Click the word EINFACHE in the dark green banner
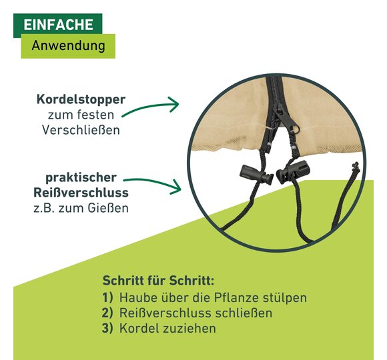[x=59, y=25]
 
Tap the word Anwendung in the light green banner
[x=68, y=46]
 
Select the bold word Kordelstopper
[x=81, y=100]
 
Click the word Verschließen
[x=81, y=130]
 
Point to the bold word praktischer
[x=81, y=178]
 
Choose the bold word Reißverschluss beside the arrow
[x=81, y=193]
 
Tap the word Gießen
[x=108, y=208]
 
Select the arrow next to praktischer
[x=152, y=182]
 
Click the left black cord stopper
[x=256, y=174]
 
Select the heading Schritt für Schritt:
[x=158, y=281]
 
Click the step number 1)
[x=107, y=297]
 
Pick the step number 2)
[x=107, y=313]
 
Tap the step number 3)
[x=107, y=328]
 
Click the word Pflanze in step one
[x=236, y=297]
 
